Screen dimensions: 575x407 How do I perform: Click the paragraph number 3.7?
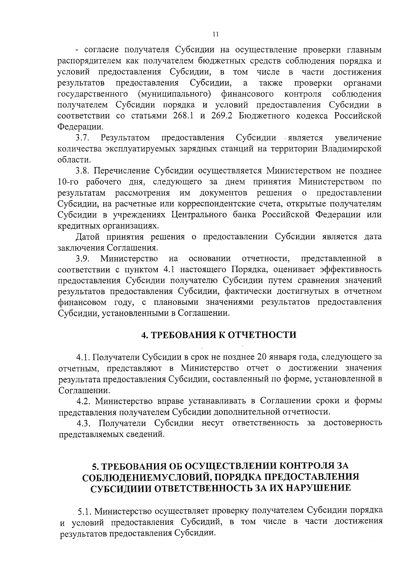point(82,138)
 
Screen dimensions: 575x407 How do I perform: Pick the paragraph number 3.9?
point(82,259)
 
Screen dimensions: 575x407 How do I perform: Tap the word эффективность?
point(350,270)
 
